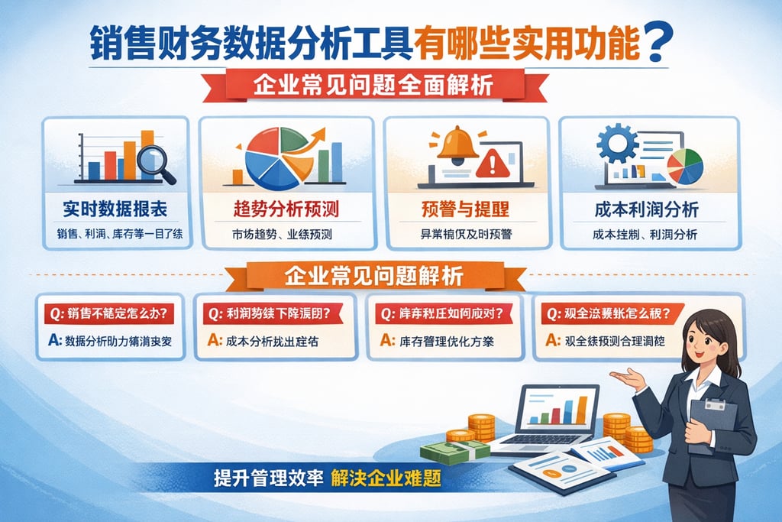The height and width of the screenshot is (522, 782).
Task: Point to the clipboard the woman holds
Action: (x=712, y=424)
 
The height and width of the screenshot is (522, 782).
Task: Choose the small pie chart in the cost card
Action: (x=685, y=166)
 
